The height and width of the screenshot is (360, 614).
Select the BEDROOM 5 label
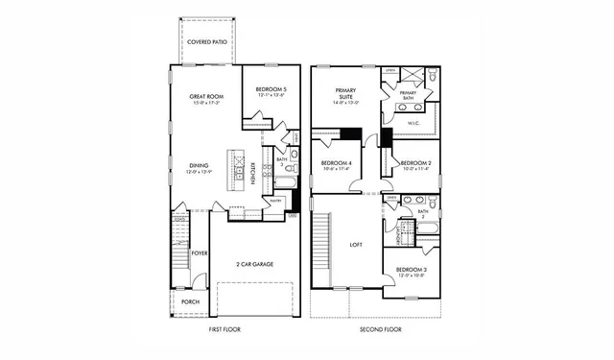pos(271,90)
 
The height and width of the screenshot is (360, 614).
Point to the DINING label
pos(199,165)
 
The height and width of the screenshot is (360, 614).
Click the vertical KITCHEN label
pos(251,173)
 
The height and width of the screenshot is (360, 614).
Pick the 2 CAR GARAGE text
pos(253,263)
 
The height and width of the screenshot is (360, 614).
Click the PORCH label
pos(191,300)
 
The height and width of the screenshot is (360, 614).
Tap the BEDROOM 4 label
pos(337,164)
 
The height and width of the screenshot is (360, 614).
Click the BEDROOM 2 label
pos(414,164)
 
